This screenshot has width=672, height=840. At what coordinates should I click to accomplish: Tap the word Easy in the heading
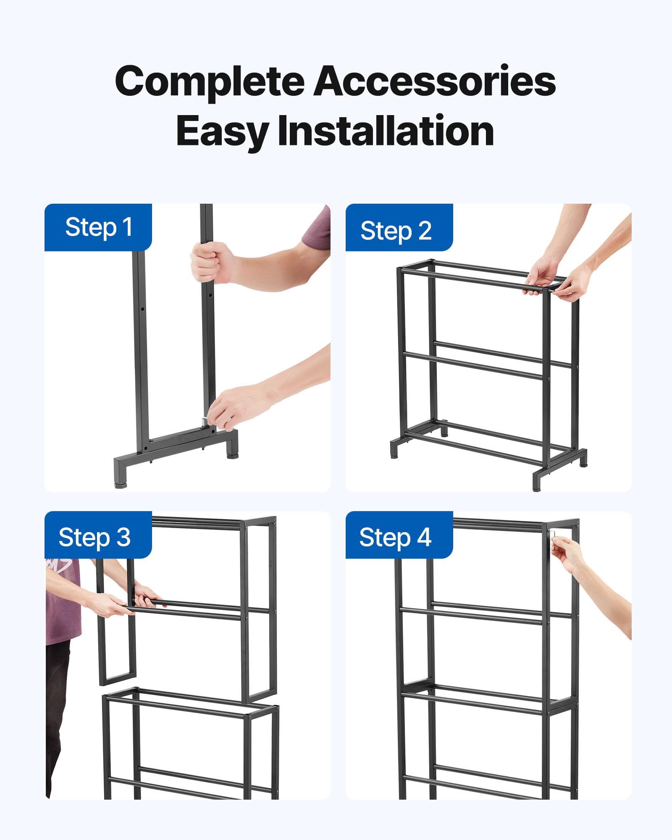222,131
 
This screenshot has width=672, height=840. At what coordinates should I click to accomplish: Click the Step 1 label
98,228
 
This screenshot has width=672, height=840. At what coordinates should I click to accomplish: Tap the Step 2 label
396,231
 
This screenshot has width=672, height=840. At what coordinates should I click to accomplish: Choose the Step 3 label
95,537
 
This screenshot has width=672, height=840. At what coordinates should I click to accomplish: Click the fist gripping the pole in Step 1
210,262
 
